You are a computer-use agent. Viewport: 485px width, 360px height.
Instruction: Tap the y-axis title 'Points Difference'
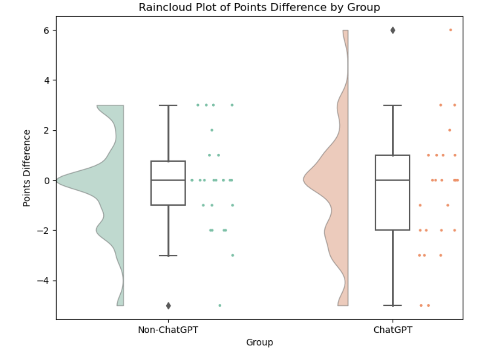click(27, 168)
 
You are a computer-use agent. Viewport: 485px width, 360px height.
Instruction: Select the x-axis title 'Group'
click(259, 342)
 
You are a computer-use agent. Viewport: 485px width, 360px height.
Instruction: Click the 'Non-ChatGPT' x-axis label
click(168, 330)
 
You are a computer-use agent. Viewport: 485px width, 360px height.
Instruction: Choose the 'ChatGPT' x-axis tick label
click(393, 330)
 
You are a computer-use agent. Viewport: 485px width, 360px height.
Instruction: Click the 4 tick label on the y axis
click(47, 80)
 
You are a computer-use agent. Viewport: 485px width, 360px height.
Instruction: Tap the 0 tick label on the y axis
click(47, 180)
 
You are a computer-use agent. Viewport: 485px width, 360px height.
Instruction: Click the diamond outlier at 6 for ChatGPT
click(393, 30)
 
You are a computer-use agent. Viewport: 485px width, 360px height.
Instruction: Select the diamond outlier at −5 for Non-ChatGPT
click(168, 305)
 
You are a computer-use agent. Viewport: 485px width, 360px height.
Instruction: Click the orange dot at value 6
click(451, 30)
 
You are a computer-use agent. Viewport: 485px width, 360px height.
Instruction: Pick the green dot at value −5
click(220, 305)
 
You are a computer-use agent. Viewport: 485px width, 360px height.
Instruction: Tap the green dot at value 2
click(212, 130)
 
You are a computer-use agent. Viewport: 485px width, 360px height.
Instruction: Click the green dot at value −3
click(232, 255)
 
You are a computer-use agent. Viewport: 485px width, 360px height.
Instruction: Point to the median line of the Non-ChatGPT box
click(168, 180)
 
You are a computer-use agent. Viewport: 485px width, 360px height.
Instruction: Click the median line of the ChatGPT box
click(393, 180)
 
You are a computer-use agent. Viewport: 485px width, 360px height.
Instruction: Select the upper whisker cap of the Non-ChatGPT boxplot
click(168, 105)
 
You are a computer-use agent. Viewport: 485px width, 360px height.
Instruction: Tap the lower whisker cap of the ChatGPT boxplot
click(393, 305)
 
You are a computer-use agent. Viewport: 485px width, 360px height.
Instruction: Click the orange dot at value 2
click(450, 130)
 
